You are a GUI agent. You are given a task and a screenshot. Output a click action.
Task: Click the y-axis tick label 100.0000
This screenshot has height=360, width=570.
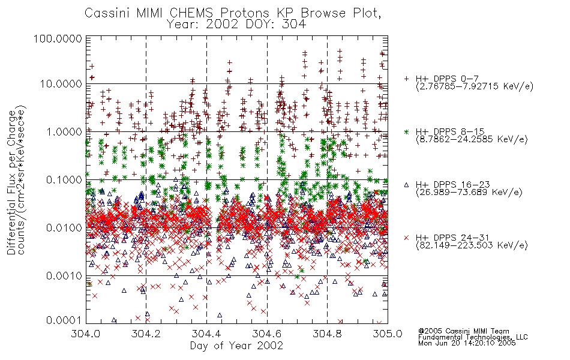58,38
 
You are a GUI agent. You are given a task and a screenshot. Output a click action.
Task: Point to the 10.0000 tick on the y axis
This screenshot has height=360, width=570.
61,84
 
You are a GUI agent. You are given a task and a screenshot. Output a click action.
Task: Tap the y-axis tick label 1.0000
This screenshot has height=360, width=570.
64,131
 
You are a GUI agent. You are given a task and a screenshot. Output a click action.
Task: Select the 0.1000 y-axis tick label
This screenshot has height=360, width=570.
64,179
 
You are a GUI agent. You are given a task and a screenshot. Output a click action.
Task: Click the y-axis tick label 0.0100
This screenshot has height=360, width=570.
64,228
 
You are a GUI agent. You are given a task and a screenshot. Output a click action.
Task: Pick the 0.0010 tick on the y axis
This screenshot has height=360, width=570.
64,276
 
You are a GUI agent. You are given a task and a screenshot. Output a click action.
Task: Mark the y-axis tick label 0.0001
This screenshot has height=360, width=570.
64,320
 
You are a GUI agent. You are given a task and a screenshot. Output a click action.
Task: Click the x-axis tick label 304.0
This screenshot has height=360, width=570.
86,334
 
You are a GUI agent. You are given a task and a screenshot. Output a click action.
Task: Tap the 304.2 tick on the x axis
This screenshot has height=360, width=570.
146,334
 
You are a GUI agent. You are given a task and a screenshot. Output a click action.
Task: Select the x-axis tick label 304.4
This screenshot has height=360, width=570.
206,334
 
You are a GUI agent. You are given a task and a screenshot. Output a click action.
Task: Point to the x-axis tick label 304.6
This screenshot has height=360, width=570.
267,334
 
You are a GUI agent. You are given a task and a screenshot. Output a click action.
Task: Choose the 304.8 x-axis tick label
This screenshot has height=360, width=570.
327,334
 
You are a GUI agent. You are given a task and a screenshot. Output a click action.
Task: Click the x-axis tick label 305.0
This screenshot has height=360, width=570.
388,334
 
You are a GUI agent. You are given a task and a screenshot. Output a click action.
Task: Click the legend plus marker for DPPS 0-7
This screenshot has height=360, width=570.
406,79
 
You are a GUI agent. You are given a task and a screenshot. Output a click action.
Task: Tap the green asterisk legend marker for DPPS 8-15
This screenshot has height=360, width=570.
406,131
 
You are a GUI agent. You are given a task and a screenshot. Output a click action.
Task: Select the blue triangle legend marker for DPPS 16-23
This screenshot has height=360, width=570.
406,185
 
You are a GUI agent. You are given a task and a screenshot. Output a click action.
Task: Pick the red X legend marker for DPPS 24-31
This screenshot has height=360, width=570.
406,238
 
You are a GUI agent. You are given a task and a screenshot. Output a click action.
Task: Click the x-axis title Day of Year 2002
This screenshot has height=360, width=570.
236,346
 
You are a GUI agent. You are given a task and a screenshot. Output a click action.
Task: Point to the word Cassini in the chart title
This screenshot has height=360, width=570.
107,13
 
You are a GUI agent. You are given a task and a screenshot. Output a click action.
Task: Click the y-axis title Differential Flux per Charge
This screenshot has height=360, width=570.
12,182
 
